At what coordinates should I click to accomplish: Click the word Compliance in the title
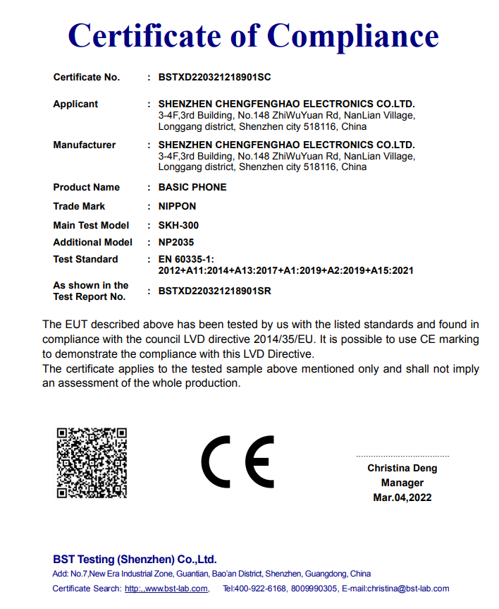(x=353, y=35)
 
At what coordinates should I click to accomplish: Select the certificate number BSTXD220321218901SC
(x=214, y=77)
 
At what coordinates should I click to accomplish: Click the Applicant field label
(x=75, y=104)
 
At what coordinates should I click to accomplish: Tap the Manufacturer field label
(x=84, y=145)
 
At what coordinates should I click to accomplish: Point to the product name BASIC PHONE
(x=192, y=187)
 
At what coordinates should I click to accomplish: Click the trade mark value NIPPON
(x=177, y=206)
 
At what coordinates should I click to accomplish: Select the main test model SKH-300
(x=178, y=225)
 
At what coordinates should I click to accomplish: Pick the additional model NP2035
(x=175, y=242)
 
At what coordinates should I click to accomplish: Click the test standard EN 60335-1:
(x=186, y=259)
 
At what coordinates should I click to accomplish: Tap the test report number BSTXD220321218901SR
(x=214, y=291)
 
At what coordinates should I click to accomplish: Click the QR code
(x=92, y=462)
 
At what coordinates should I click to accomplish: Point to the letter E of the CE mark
(x=260, y=462)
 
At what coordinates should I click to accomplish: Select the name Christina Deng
(x=402, y=468)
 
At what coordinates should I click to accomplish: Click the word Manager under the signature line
(x=402, y=483)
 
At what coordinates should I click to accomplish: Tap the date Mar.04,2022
(x=402, y=498)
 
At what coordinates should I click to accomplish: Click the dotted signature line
(x=402, y=457)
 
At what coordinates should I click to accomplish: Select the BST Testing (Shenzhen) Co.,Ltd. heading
(x=135, y=559)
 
